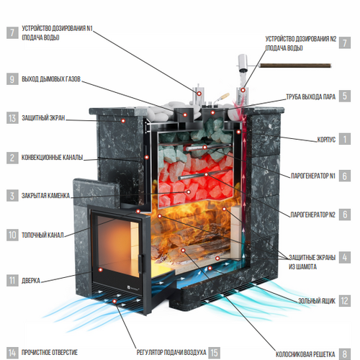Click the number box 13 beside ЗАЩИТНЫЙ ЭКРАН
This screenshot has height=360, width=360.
tap(12, 118)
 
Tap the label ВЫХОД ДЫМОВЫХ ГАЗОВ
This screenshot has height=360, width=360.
tap(51, 79)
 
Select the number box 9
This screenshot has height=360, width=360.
tap(12, 79)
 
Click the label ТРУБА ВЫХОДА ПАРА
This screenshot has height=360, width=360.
tap(311, 96)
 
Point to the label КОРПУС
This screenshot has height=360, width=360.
tap(326, 140)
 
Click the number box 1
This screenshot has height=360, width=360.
tap(345, 139)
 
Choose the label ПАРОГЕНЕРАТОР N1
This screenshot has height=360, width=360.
tap(313, 176)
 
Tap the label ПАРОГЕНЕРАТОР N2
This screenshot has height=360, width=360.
tap(312, 215)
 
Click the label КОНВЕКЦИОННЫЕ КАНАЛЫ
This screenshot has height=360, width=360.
tap(53, 158)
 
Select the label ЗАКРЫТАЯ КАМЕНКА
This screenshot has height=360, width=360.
tap(45, 196)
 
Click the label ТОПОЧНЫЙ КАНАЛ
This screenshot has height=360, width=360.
tap(42, 235)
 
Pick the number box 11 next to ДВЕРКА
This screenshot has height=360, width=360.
tap(12, 280)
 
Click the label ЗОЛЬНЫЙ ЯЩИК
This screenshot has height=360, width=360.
tap(317, 301)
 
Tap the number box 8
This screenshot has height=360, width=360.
tap(345, 354)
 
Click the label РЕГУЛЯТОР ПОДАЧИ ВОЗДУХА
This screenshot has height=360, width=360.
tap(171, 352)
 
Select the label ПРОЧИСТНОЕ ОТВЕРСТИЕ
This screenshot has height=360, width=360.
tap(50, 352)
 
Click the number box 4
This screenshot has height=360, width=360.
tap(345, 257)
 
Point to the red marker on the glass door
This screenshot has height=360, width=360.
tap(101, 270)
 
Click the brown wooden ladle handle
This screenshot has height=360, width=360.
tap(295, 66)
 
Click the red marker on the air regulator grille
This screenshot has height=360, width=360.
tap(114, 301)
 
